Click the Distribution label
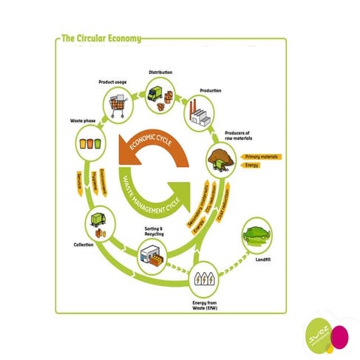160,72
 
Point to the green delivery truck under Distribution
157,94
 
